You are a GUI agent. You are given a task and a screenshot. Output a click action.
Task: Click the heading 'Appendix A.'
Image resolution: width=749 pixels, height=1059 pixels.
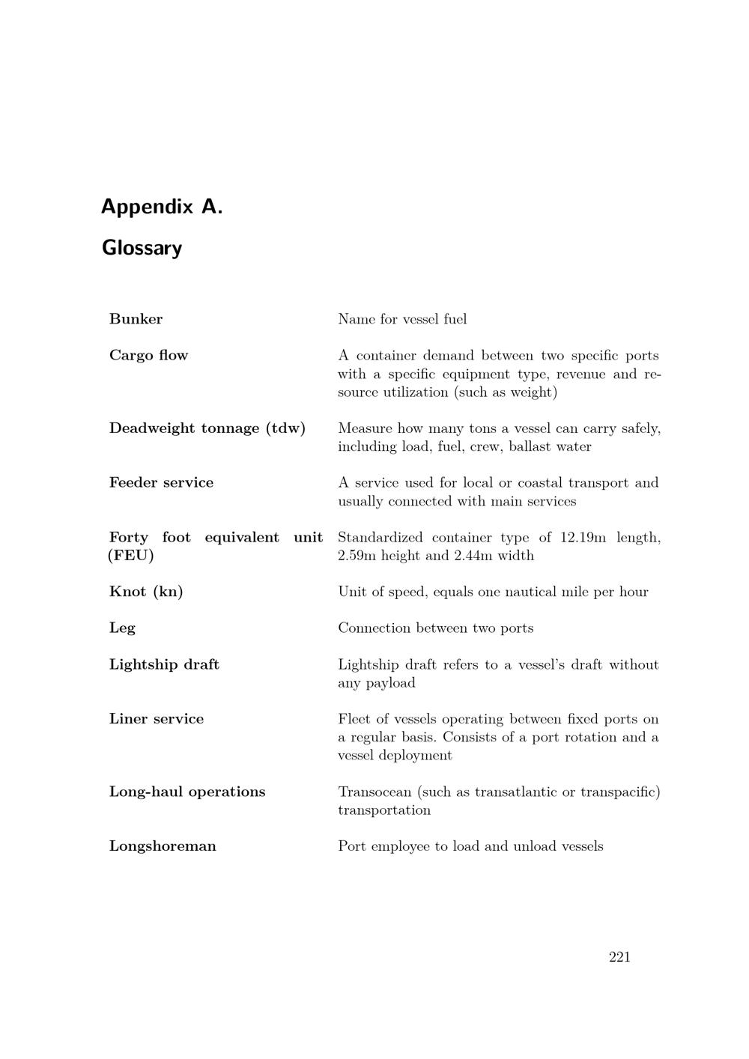(162, 207)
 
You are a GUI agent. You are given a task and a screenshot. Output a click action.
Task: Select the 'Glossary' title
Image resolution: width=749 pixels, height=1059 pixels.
(142, 248)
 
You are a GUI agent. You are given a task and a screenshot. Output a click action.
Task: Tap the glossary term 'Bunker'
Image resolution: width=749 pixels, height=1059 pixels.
(136, 319)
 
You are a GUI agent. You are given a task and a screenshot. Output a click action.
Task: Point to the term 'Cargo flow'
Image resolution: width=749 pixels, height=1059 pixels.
(148, 355)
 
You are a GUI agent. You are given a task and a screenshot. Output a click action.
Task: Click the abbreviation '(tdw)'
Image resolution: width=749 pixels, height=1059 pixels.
(285, 428)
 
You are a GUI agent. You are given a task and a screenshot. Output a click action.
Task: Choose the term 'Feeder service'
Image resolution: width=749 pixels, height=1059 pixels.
(161, 482)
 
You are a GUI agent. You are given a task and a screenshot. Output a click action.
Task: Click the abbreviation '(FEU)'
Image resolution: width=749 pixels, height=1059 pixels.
(131, 556)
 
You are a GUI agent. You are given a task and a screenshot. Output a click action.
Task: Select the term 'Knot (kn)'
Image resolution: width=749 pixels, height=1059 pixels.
(146, 592)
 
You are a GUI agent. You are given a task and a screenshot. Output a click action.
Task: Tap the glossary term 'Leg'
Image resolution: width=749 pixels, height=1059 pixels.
(122, 628)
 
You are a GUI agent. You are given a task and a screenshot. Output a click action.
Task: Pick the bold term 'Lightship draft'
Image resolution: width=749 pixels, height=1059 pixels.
(164, 664)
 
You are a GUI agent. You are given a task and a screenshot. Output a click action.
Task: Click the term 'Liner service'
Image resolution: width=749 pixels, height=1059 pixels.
(157, 719)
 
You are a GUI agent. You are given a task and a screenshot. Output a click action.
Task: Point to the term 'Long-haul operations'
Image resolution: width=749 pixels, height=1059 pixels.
(187, 792)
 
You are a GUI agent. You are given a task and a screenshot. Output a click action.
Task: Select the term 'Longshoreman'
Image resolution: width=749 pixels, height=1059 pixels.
(163, 846)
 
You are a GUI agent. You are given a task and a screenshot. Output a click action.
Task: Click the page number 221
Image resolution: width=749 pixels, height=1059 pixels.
(619, 957)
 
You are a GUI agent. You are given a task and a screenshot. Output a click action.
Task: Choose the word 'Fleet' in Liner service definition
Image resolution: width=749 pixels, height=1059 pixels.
(354, 719)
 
